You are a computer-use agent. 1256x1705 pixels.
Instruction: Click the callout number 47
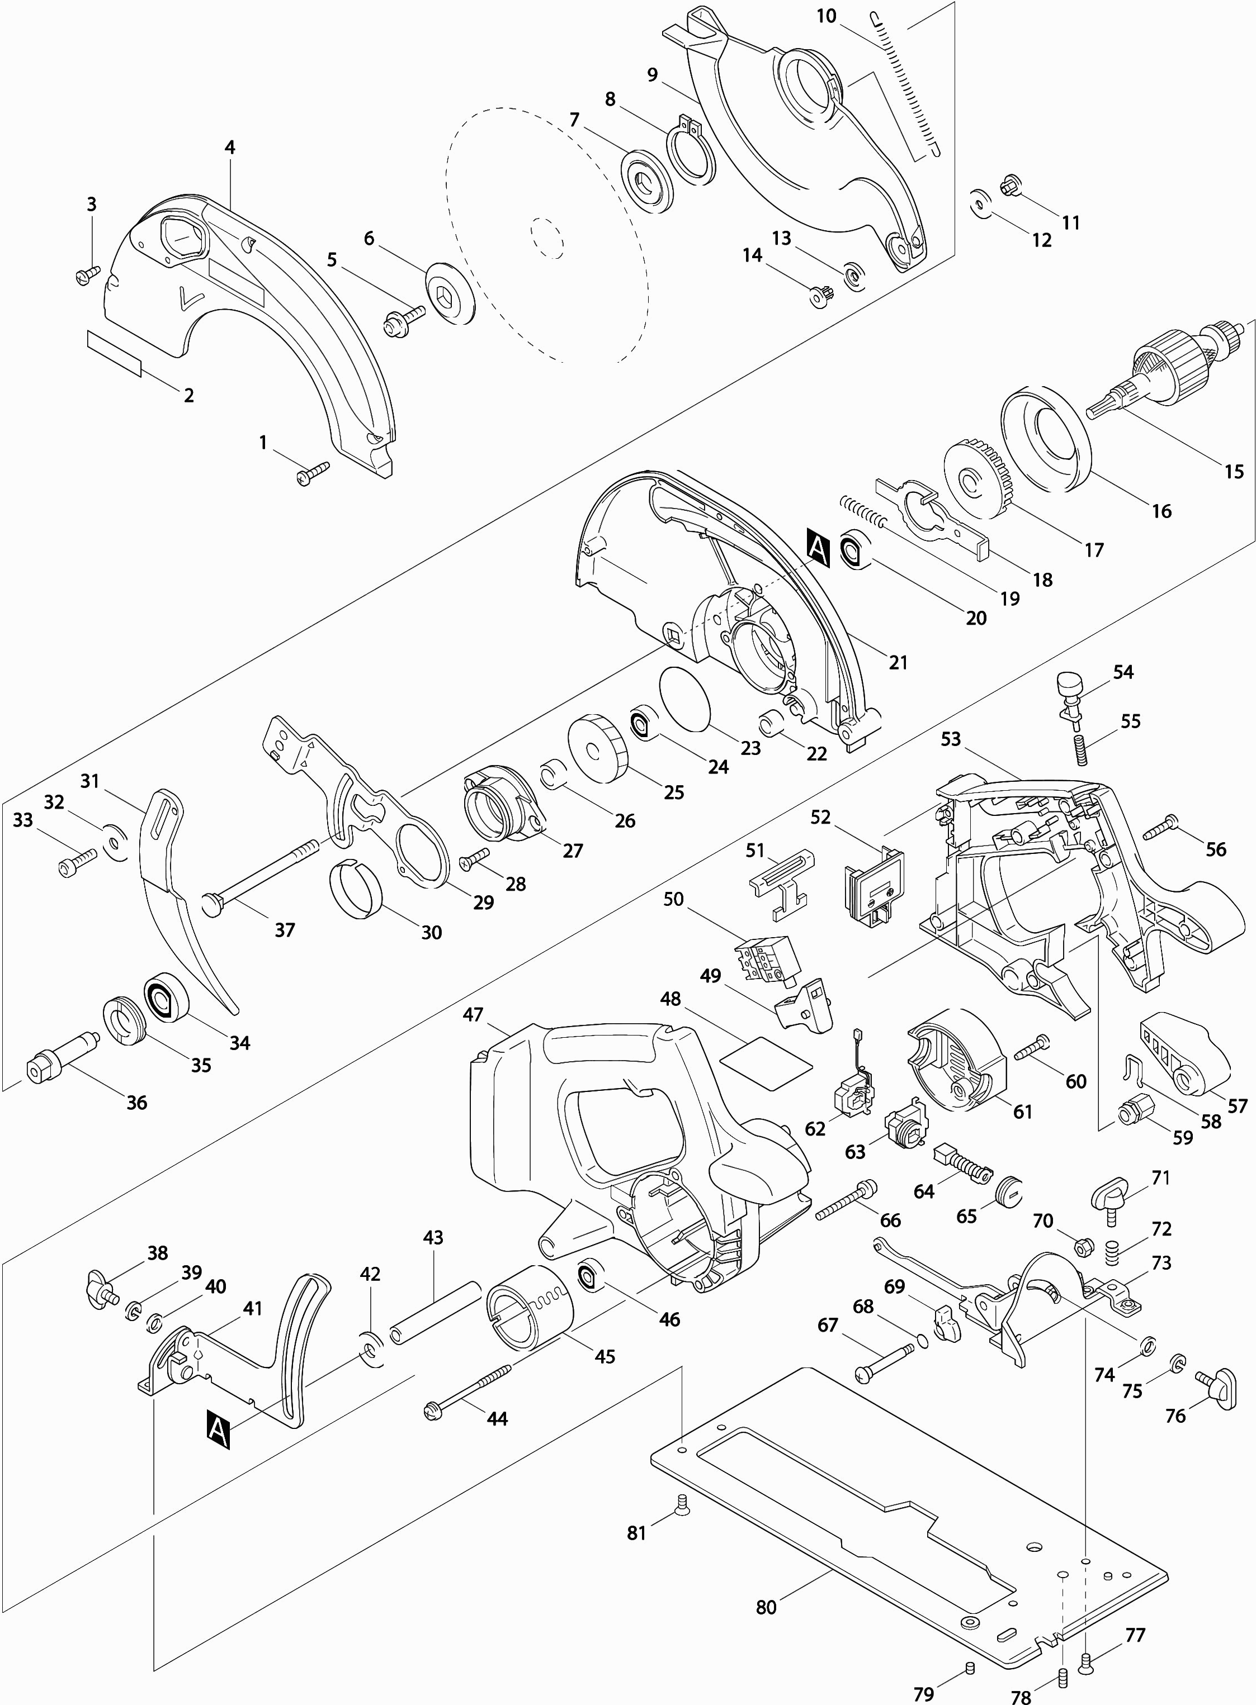pos(473,1014)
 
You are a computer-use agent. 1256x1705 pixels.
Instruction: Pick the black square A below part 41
pos(218,1430)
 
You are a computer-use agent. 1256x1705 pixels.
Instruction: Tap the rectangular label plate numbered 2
pos(115,353)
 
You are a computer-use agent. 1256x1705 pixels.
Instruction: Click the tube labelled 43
pos(435,1312)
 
